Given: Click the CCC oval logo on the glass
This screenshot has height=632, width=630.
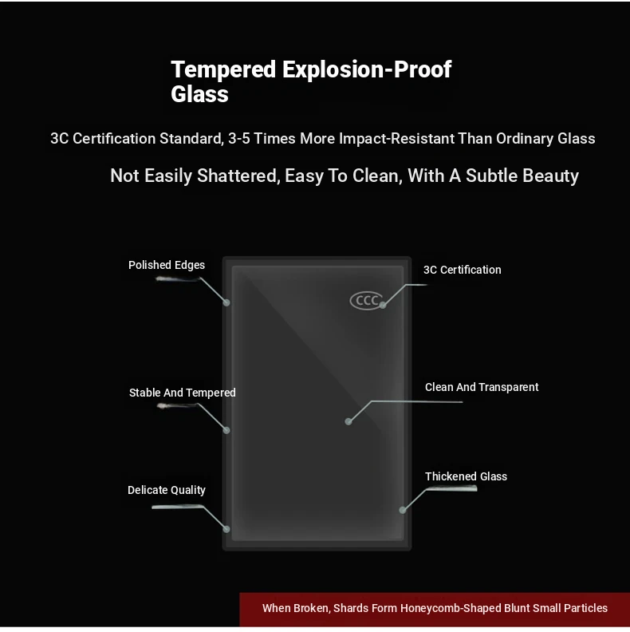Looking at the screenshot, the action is pos(366,301).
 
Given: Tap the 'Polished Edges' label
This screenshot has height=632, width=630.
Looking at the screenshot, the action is pos(167,265).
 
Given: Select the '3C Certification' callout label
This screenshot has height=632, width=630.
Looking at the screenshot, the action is pos(462,270).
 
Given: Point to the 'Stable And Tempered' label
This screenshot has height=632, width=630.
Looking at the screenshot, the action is pos(182,393).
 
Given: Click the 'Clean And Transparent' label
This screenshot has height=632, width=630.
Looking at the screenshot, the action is pos(482,387).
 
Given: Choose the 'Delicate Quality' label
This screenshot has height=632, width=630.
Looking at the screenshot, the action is pos(167,490).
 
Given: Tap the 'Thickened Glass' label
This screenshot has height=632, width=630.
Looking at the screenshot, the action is pos(466,476).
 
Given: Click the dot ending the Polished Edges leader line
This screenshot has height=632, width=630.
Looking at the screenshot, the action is pos(226,302).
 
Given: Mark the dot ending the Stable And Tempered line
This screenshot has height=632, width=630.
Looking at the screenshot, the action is pos(226,430).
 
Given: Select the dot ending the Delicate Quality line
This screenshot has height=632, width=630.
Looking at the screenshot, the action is pos(226,529).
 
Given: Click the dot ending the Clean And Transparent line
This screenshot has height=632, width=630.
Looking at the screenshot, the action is pos(348,421).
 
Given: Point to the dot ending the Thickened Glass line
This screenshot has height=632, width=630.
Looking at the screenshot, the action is pos(403,510).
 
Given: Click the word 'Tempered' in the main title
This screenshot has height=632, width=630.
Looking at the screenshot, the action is pos(223,69).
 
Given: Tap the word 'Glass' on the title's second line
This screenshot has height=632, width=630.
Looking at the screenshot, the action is pos(200,94).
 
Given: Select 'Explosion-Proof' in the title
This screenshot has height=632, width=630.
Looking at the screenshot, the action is pos(367,69).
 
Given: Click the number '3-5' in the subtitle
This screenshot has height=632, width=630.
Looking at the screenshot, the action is pos(239,139).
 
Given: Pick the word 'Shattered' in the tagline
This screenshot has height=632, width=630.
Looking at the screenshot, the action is pos(238,176).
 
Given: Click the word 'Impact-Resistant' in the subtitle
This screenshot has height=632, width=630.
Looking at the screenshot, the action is pos(396,139).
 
